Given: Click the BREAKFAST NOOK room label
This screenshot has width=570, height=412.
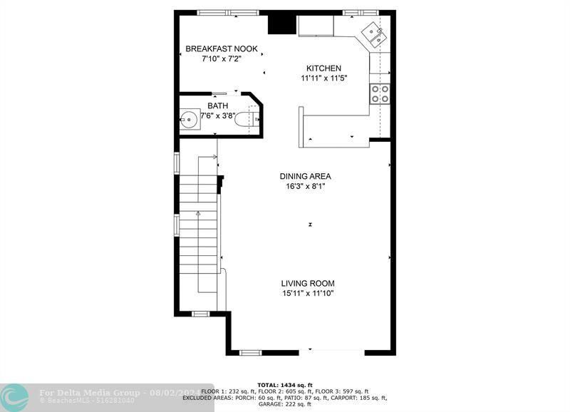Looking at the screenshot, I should [222, 48].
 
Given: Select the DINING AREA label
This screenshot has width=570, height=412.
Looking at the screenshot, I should [305, 176].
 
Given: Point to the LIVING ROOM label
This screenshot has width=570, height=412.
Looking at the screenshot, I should [307, 283].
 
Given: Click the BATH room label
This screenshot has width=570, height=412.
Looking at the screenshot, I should [218, 105].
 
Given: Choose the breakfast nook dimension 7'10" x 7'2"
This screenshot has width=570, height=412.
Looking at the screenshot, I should [222, 58].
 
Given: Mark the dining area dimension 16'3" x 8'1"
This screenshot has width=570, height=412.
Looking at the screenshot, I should [305, 187].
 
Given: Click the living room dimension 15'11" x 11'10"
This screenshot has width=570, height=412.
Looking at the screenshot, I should [307, 293].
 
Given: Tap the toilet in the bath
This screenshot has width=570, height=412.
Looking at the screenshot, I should [242, 119].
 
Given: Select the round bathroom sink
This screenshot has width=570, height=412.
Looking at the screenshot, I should [190, 119].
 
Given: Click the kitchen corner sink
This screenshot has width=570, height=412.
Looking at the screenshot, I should [375, 34].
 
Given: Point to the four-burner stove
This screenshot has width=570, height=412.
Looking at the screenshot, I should [380, 93].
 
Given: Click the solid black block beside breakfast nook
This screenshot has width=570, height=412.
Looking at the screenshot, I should [281, 24].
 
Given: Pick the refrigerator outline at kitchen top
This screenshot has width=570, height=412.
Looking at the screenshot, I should [316, 26].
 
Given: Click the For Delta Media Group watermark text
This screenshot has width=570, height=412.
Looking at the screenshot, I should [85, 392].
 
